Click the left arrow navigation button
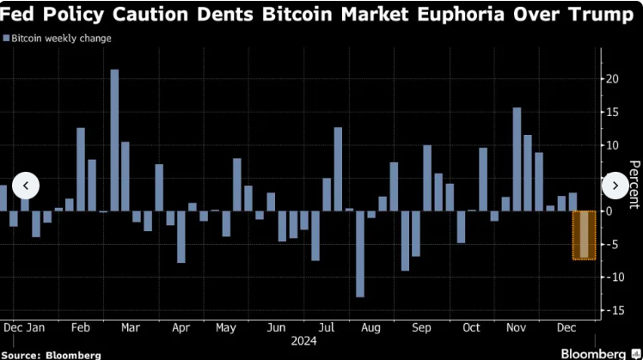point(27,185)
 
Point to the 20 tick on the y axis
point(612,79)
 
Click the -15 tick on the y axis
point(612,310)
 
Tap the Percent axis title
point(634,184)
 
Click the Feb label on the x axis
point(81,327)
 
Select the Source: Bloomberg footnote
point(52,354)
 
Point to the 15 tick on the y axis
point(612,113)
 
